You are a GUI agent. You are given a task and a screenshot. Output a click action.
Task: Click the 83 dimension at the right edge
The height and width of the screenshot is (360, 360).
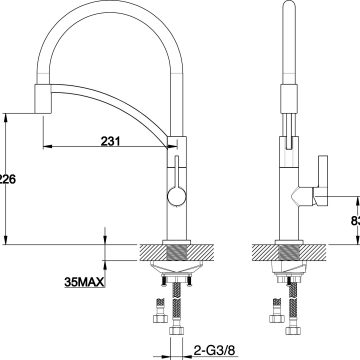pyautogui.click(x=353, y=220)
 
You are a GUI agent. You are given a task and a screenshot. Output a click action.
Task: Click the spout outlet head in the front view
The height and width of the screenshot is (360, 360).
pyautogui.click(x=43, y=99)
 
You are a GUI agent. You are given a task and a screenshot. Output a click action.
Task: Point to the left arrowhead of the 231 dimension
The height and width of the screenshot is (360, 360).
pyautogui.click(x=47, y=150)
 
